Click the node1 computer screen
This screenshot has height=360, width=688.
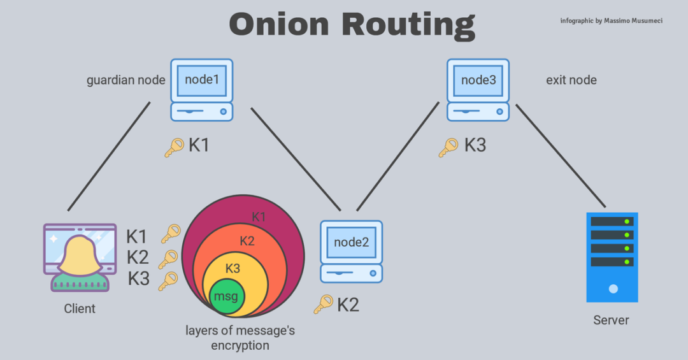tap(201, 80)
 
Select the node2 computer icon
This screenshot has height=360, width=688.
tap(351, 251)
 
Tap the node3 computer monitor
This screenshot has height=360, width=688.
tap(478, 80)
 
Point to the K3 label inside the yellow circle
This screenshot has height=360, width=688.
tap(233, 268)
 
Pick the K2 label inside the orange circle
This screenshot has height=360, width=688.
tap(247, 241)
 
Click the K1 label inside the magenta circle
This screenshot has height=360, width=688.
tap(259, 217)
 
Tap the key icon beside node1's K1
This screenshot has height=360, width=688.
tap(174, 147)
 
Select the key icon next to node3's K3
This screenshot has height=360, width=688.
tap(448, 147)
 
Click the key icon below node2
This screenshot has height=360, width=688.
tap(323, 304)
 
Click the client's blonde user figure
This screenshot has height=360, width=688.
tap(80, 261)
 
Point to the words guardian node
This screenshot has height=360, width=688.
tap(126, 80)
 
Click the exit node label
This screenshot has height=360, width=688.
tap(571, 80)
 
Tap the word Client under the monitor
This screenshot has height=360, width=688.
tap(80, 309)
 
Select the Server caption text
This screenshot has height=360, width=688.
tap(611, 320)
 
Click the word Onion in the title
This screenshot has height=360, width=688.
tap(279, 24)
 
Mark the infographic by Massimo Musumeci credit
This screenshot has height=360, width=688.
tap(611, 21)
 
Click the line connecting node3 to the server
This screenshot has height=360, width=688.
tap(560, 157)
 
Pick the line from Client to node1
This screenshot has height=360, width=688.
tap(109, 156)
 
